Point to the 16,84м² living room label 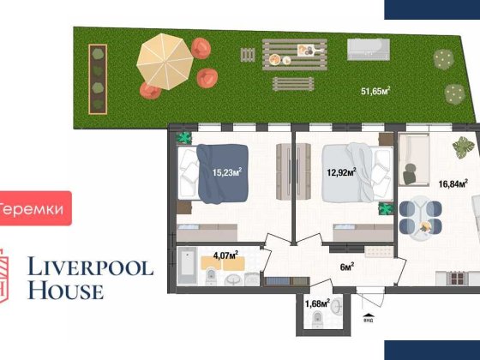point(453,183)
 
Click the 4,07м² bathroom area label point(225,254)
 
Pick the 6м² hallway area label point(347,267)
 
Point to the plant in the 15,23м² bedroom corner point(183,138)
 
